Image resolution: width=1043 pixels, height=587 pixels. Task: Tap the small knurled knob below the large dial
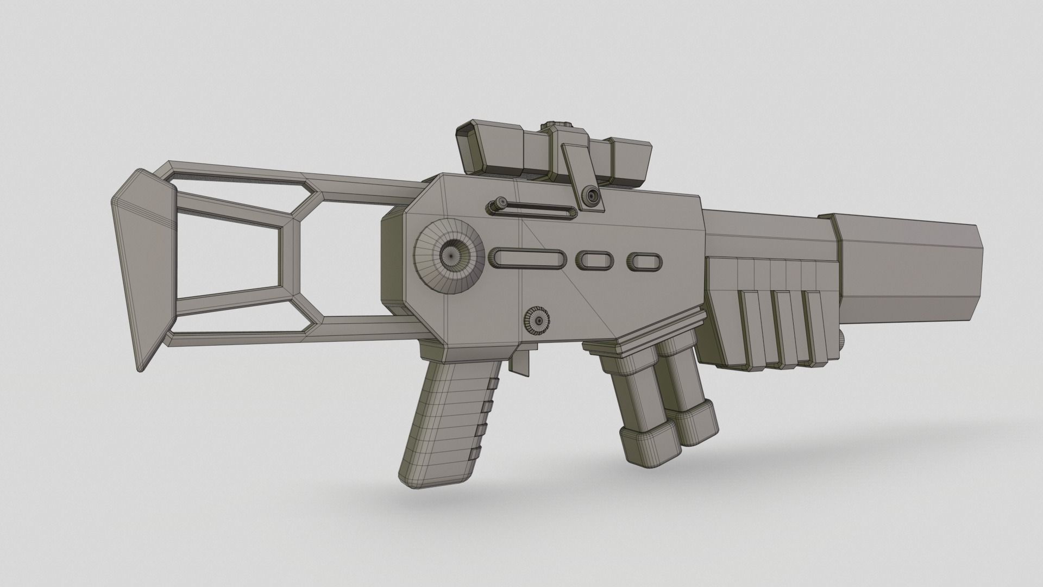[x=538, y=322]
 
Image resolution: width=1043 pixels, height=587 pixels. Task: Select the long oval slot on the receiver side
[x=527, y=258]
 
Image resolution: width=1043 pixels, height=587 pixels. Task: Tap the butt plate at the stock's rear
[x=142, y=266]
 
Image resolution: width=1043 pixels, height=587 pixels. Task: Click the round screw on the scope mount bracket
[x=591, y=194]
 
